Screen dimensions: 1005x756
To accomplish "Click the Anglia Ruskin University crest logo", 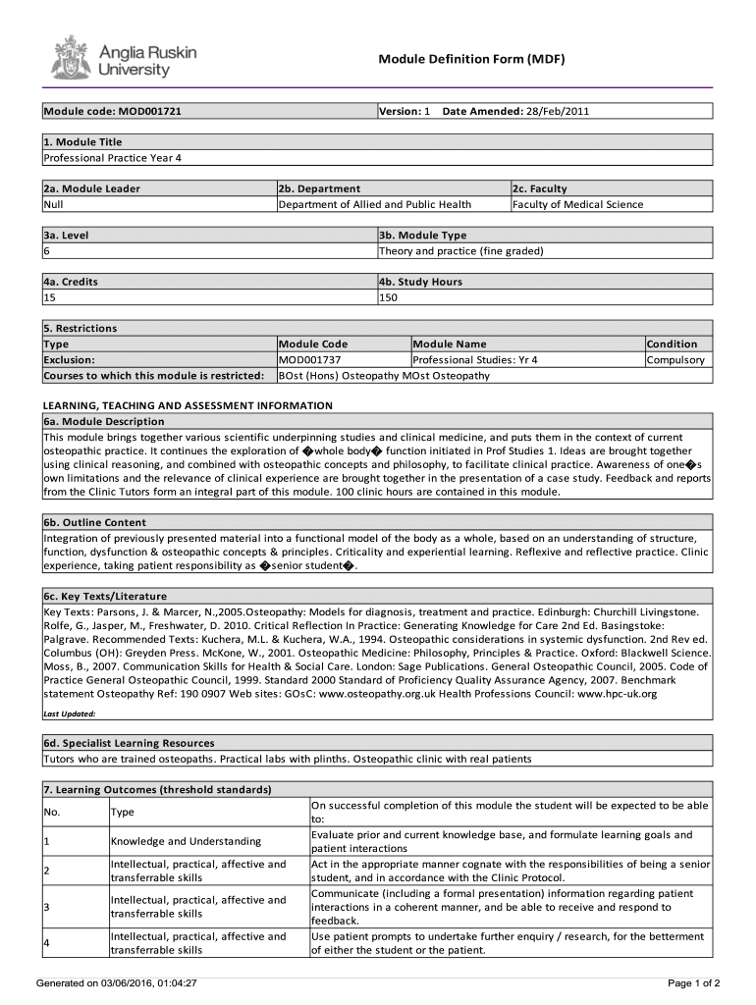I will tap(70, 58).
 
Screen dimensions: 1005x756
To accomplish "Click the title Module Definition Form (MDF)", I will tap(471, 60).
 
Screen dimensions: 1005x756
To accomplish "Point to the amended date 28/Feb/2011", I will tap(558, 112).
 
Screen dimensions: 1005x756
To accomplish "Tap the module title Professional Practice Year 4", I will tap(113, 158).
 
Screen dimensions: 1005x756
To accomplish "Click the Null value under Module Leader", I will tap(53, 204).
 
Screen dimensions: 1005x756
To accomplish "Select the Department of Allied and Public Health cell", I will tap(375, 204).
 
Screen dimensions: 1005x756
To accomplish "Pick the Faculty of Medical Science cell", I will tap(577, 204).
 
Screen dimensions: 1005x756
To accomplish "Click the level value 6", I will tap(46, 250).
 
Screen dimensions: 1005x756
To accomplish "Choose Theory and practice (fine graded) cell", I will tap(460, 250).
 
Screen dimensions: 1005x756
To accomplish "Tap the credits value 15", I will tap(49, 297).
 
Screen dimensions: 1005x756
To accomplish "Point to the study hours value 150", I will tap(389, 297).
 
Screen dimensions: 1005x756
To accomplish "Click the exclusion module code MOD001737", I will tap(313, 359).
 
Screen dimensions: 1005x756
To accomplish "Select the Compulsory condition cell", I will tap(675, 359).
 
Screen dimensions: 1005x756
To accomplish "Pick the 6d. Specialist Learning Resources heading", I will tap(129, 743).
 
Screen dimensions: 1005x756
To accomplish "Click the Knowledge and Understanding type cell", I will tap(186, 841).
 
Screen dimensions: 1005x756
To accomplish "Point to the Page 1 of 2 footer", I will tap(694, 982).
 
